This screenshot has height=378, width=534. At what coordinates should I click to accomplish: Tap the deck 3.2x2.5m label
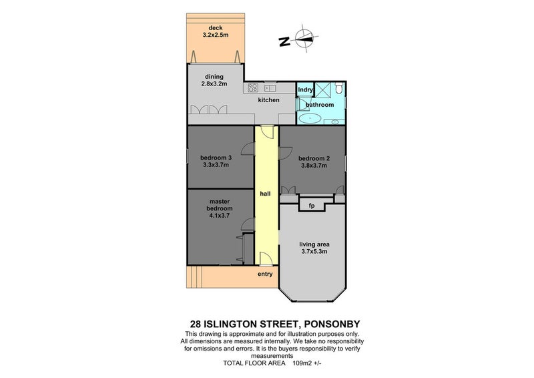point(215,31)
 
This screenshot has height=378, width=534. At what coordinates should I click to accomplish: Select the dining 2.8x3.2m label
point(214,80)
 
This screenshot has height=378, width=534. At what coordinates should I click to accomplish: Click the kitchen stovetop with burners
point(253,87)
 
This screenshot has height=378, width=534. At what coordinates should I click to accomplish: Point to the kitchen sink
point(270,89)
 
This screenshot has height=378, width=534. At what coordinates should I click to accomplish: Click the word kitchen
point(269,100)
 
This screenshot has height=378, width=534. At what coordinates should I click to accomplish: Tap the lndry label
point(305,89)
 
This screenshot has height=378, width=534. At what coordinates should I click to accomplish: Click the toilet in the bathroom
point(339,88)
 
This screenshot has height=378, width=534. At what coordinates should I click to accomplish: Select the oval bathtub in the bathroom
point(310,119)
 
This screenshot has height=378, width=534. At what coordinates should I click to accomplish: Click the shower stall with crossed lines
point(322,89)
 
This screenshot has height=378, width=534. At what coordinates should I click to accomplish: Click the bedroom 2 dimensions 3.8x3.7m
point(314,166)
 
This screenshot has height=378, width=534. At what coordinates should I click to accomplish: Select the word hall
point(265,194)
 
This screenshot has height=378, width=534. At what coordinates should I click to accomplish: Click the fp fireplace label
point(312,206)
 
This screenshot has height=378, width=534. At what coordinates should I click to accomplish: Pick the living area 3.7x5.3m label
point(314,248)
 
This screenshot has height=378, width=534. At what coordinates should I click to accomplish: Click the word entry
point(265,274)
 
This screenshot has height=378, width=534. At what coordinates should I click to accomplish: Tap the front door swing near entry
point(266,258)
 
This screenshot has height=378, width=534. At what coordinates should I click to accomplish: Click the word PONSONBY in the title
point(331,324)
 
